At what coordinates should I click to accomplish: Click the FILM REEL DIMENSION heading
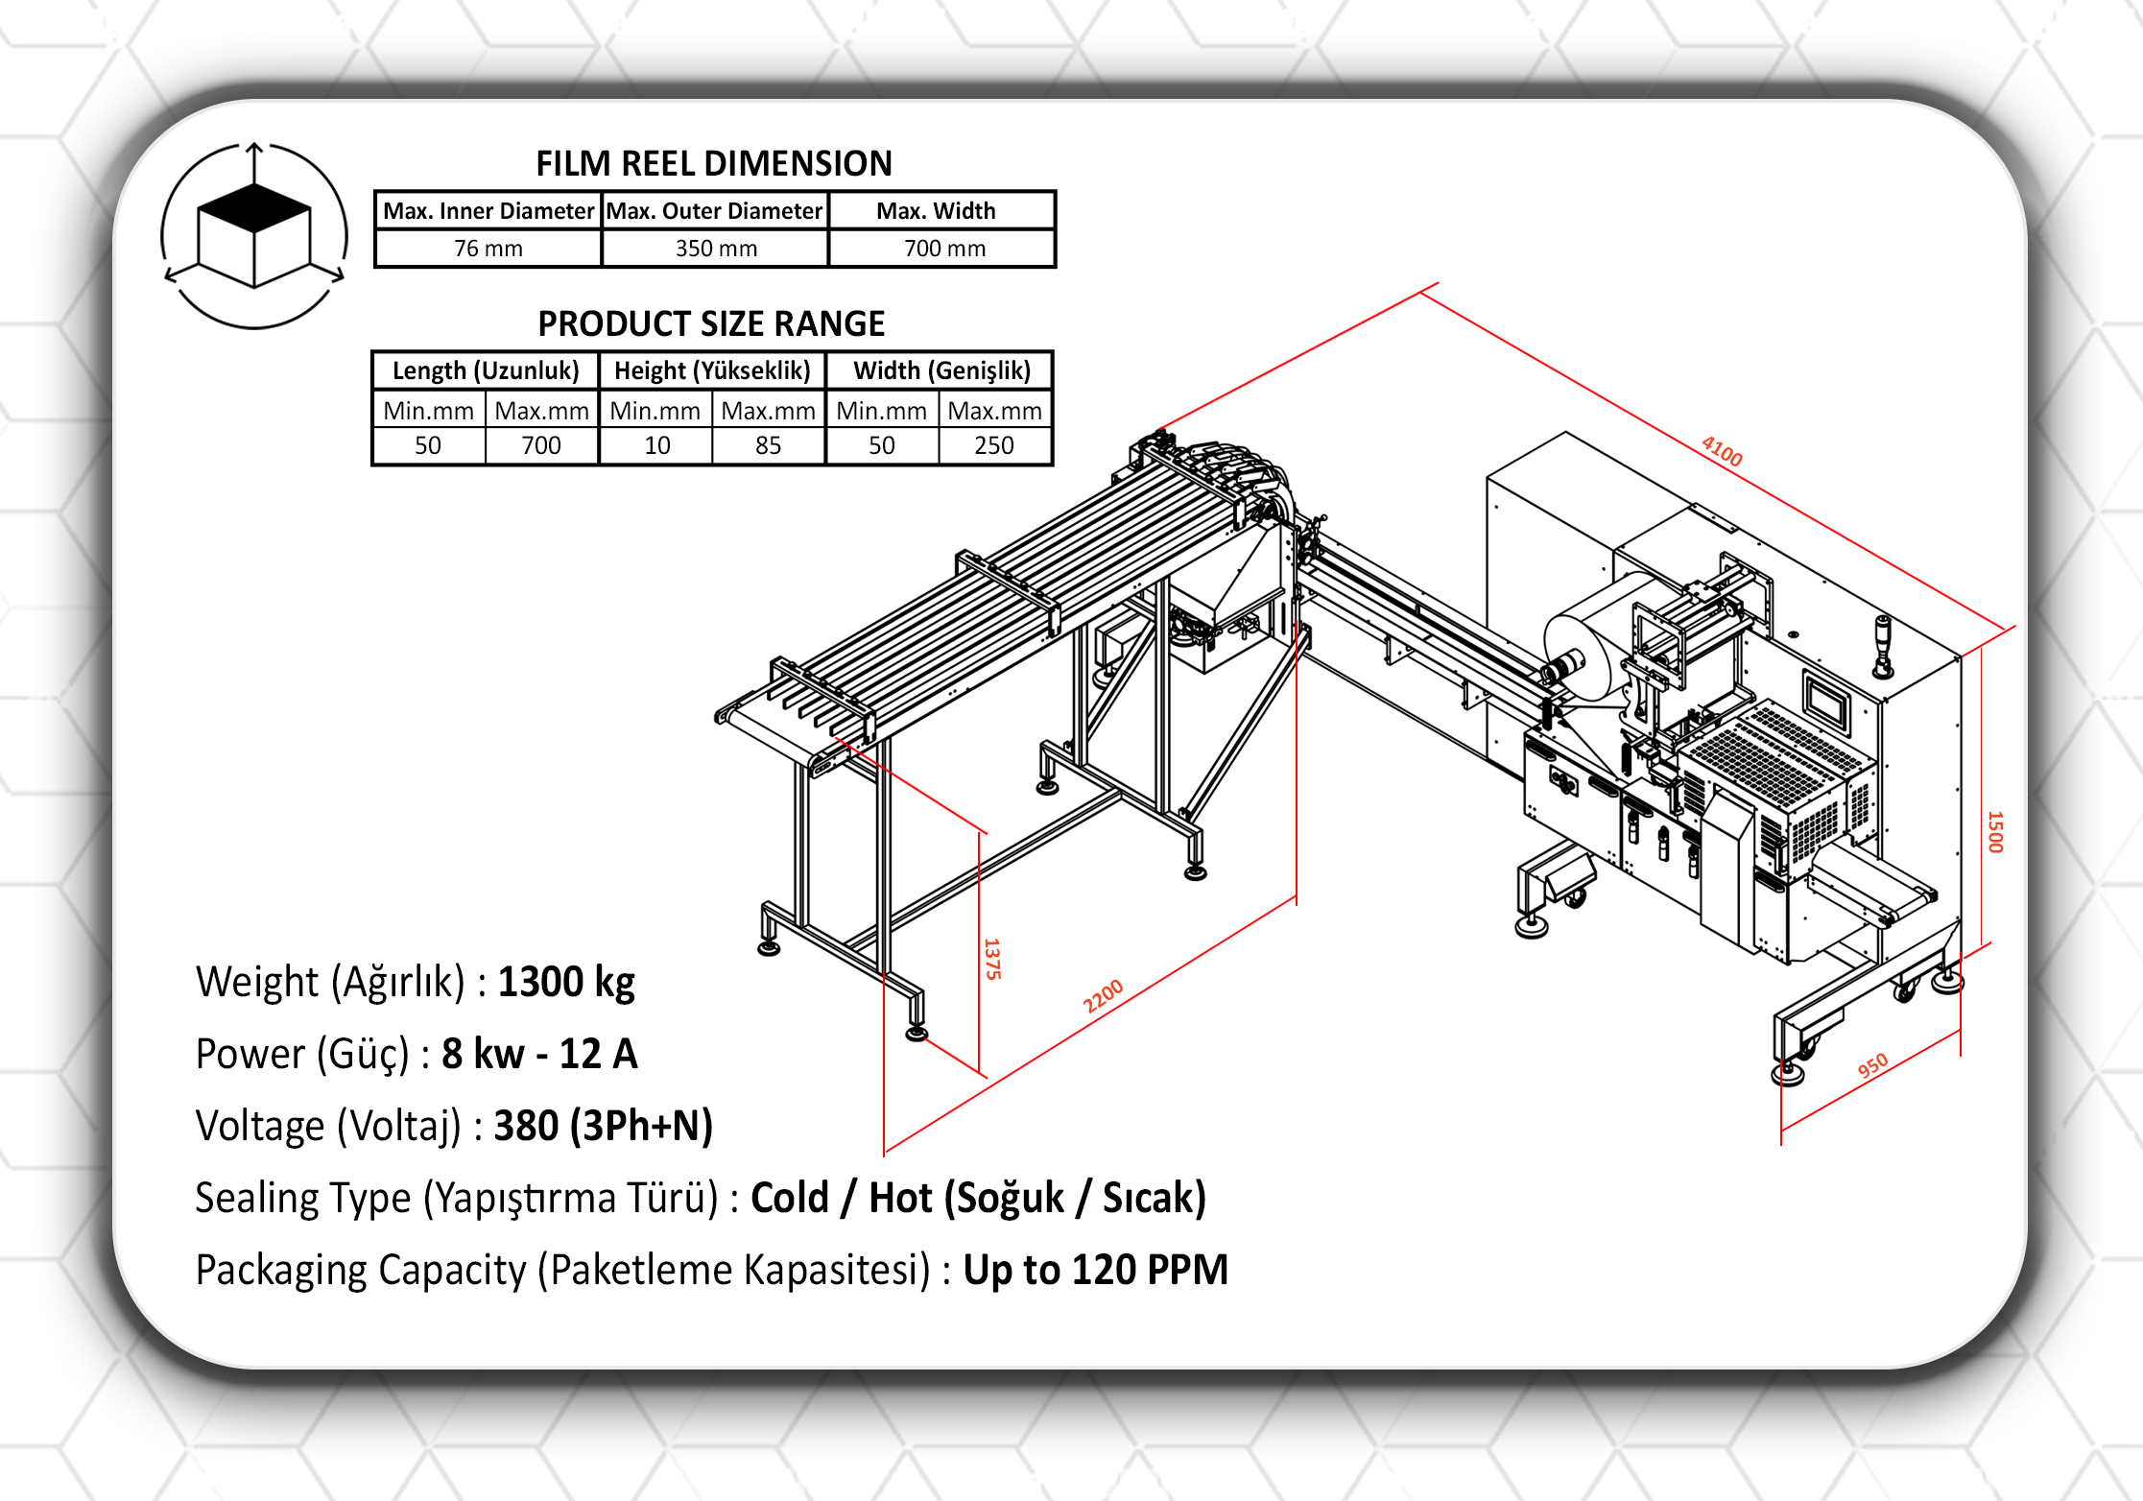pos(714,164)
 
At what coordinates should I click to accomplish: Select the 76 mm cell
pos(488,249)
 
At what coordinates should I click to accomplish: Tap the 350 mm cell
pos(716,249)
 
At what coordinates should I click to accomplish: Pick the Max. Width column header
pos(937,211)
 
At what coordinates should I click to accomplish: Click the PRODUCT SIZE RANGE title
pos(711,324)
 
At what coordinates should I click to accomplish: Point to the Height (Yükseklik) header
pos(712,370)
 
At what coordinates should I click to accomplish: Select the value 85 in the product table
pos(768,445)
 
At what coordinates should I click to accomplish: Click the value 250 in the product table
pos(994,445)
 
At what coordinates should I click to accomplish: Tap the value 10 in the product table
pos(657,445)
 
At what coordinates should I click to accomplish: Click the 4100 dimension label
pos(1722,451)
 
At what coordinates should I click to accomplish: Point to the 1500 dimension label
pos(1996,832)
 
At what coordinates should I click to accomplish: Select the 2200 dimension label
pos(1103,997)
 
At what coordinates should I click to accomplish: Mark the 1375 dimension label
pos(992,959)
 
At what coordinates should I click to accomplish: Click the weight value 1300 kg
pos(566,982)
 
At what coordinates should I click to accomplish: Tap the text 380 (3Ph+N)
pos(603,1126)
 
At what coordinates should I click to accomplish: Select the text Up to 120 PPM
pos(1095,1270)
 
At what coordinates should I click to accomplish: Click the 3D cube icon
pos(254,235)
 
